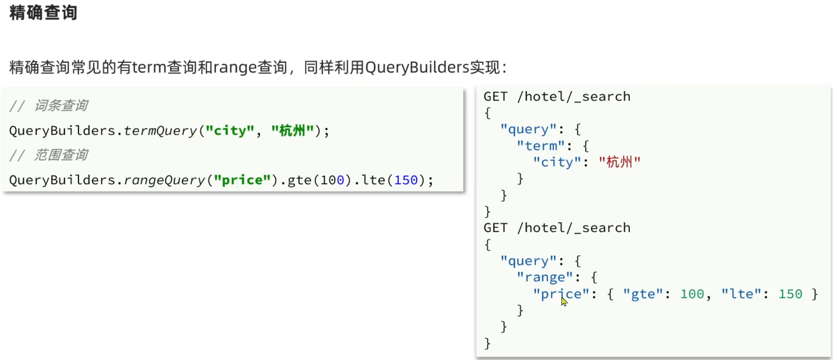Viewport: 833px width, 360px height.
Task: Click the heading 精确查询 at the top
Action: [43, 13]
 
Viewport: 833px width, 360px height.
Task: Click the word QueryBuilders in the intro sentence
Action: [417, 67]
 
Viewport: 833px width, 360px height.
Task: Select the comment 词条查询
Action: [61, 106]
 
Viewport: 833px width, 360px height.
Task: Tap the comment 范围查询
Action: [61, 155]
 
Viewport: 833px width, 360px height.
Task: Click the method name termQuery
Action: [160, 131]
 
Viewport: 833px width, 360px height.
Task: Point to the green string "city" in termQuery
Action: [230, 131]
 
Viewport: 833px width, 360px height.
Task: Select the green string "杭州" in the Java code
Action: [292, 131]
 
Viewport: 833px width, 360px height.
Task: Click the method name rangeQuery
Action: [164, 180]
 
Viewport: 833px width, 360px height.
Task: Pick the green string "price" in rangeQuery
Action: [242, 180]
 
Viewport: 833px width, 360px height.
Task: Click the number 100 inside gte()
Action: [332, 180]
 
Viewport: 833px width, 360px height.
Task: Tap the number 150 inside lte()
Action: [406, 180]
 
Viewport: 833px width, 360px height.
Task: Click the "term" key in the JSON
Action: [541, 146]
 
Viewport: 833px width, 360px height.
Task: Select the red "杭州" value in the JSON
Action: [620, 162]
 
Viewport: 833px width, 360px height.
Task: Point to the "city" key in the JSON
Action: [557, 162]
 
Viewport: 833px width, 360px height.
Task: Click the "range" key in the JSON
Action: [545, 277]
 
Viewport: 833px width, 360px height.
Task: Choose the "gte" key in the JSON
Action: [643, 294]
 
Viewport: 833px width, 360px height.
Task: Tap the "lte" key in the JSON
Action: [741, 294]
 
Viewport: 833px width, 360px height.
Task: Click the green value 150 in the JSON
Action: [790, 294]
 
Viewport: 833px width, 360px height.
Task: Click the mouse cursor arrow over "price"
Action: [564, 301]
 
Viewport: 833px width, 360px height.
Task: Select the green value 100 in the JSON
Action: [692, 294]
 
